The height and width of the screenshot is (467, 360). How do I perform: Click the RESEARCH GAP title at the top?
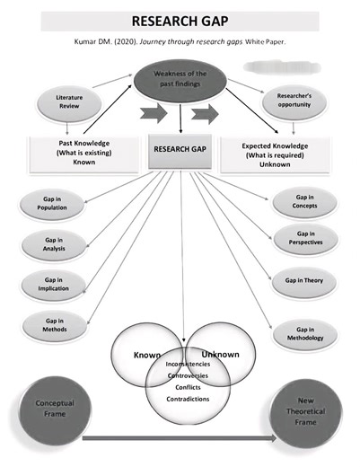[x=179, y=21]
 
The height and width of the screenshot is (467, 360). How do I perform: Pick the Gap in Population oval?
[x=51, y=203]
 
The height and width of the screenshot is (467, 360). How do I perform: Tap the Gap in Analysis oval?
[x=51, y=245]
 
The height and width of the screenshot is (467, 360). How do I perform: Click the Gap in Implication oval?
[x=51, y=285]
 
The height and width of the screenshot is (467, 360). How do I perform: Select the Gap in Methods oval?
[x=51, y=325]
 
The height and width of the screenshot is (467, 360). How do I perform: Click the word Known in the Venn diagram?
[x=146, y=355]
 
